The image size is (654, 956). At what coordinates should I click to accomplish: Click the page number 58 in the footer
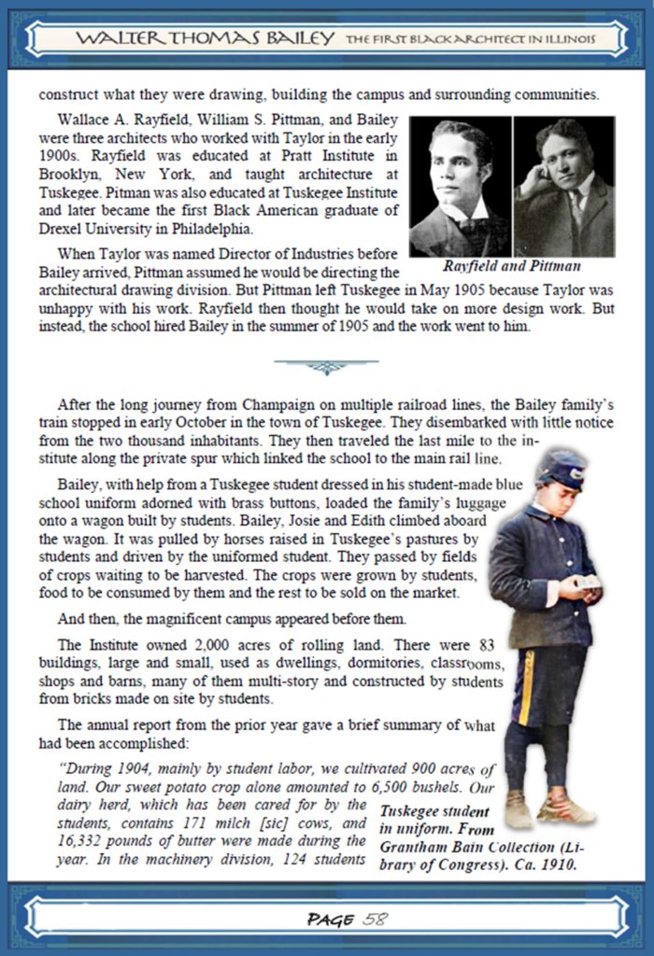coord(375,919)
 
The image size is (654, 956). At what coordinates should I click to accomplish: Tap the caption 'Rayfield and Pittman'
coord(512,265)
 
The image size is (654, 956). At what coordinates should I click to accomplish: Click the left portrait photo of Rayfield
coord(460,186)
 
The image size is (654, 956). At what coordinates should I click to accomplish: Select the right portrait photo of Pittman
coord(564,186)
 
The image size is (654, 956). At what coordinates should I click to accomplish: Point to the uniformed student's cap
coord(562,469)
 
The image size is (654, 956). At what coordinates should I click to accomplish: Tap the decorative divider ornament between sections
coord(326,366)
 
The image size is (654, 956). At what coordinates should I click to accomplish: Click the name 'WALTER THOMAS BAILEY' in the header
coord(205,38)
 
